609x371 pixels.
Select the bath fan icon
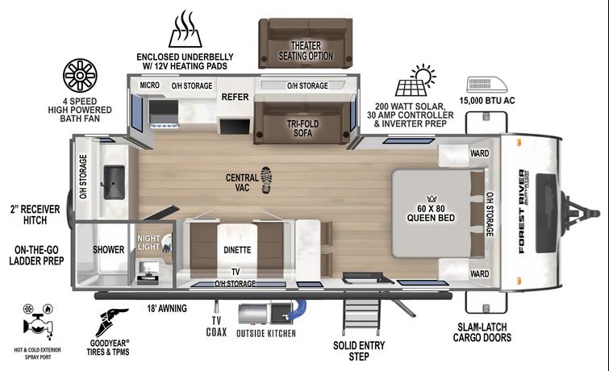80,75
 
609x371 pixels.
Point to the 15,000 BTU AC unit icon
487,85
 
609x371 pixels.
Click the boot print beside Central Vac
266,180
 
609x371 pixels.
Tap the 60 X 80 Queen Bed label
431,213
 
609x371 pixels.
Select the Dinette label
237,250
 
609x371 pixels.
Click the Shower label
108,249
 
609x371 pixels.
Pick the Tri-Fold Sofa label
303,128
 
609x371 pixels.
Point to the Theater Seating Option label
306,51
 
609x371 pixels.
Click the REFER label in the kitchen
235,97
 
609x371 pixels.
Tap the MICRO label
149,85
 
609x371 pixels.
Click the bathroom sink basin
115,182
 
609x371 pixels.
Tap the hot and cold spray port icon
38,322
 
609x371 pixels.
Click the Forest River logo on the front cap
522,212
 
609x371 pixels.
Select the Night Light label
148,243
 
